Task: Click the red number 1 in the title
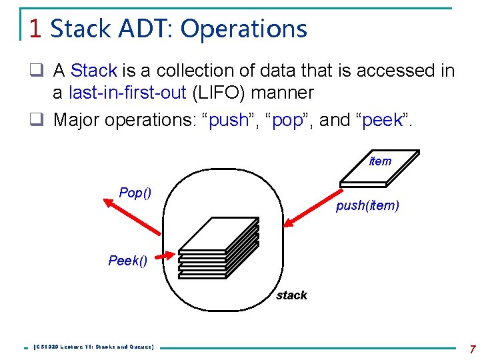tap(36, 29)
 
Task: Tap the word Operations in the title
tap(243, 29)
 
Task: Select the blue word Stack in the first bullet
tap(94, 70)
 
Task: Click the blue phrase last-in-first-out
tap(127, 93)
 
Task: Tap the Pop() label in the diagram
tap(135, 193)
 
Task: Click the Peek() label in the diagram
tap(127, 260)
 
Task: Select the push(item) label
tap(367, 206)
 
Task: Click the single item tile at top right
tap(379, 170)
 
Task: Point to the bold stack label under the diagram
tap(291, 295)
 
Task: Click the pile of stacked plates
tap(218, 247)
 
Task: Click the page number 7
tap(471, 349)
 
